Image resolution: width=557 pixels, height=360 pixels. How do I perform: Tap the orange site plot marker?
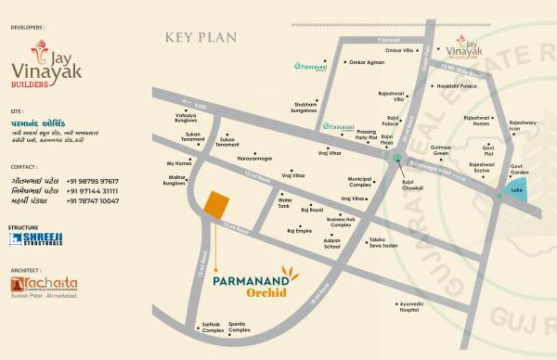tap(215, 206)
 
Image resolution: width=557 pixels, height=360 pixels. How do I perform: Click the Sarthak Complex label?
tap(213, 328)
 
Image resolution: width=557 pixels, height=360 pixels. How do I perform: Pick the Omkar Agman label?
tap(365, 63)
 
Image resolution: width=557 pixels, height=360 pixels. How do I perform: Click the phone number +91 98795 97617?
tap(92, 181)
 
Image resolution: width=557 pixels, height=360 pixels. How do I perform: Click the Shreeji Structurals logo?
tap(29, 239)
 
